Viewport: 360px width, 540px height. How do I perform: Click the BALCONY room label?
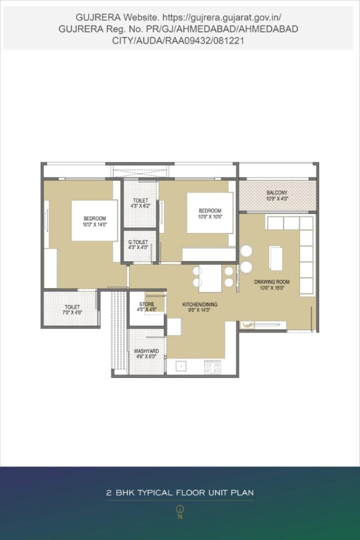click(277, 193)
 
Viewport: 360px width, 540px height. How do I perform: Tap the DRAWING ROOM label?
click(272, 282)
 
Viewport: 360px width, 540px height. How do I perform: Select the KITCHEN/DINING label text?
click(200, 304)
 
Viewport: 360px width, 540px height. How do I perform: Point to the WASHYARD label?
click(147, 351)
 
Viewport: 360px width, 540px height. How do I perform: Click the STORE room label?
click(147, 304)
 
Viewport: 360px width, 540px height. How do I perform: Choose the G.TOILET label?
click(138, 242)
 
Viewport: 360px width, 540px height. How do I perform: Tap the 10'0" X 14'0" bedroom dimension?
click(95, 225)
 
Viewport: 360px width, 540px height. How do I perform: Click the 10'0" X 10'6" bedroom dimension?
click(210, 217)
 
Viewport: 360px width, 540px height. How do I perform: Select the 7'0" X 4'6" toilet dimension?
click(72, 313)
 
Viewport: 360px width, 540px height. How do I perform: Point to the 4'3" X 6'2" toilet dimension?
click(140, 206)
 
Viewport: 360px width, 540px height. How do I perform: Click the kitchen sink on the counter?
click(181, 366)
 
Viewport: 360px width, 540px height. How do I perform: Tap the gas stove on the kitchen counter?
click(212, 367)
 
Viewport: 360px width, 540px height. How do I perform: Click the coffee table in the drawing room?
click(276, 258)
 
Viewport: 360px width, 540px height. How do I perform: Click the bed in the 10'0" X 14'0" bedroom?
click(94, 220)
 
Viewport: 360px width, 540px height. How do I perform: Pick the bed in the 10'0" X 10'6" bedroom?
click(210, 213)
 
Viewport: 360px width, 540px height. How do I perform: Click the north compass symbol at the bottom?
click(180, 512)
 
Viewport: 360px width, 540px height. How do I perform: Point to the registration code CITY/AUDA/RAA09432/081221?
click(178, 41)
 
